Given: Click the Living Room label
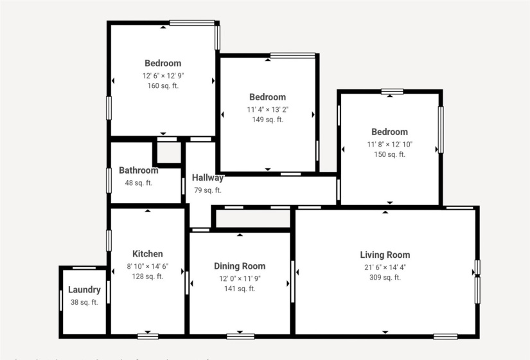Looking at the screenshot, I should (x=385, y=255).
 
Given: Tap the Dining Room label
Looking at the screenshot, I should (x=240, y=266).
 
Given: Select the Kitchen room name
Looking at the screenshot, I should (x=148, y=254).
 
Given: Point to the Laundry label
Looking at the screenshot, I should (x=84, y=290).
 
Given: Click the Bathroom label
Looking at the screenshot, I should (x=138, y=170).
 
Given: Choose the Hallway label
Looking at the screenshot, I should (x=208, y=178).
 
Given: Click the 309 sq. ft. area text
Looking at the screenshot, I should (x=385, y=278).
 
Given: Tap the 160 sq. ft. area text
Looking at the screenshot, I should (x=163, y=85).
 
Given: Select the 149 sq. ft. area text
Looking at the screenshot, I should (x=267, y=120).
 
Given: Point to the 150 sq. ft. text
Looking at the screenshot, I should (x=389, y=154).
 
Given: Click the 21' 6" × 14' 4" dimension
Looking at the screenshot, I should (x=385, y=267).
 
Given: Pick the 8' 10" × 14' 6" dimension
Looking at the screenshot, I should (x=148, y=265).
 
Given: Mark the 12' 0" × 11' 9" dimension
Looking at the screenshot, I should (x=240, y=278).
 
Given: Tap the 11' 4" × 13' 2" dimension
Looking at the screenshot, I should (x=267, y=109).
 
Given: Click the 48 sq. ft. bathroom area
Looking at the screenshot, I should (x=138, y=183).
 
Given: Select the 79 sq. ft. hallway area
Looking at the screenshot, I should (x=208, y=190).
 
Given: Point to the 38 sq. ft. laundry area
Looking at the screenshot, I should (x=84, y=302).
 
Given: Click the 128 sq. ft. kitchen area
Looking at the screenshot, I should (x=148, y=276).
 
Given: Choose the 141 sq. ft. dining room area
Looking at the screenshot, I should (x=240, y=289).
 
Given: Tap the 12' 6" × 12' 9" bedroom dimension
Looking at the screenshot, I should (x=163, y=75).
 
